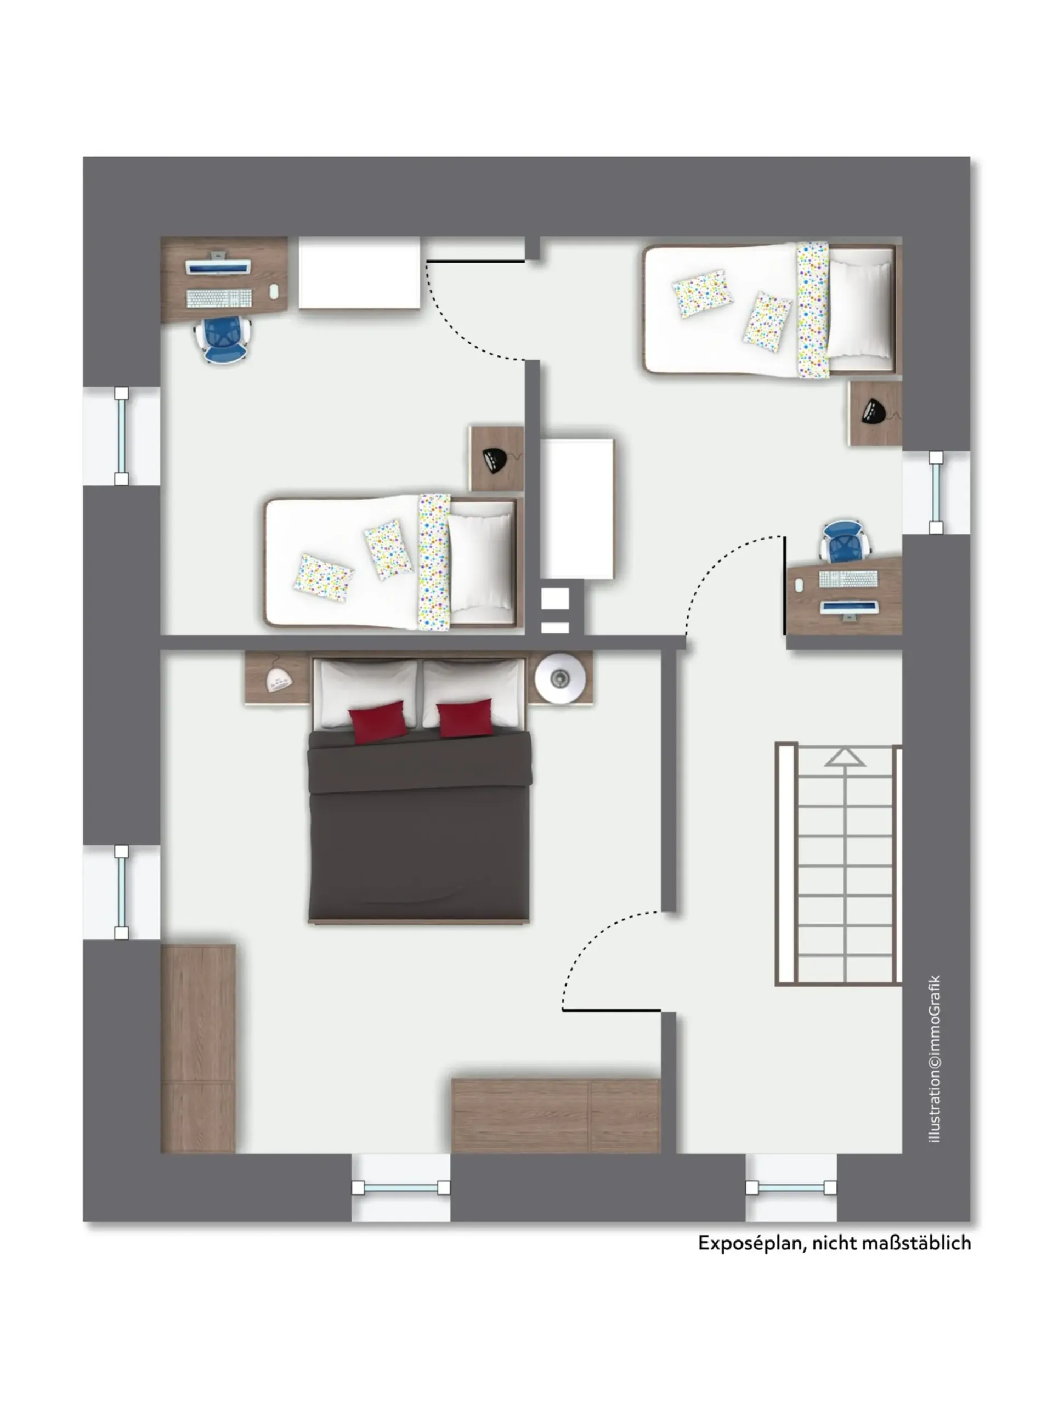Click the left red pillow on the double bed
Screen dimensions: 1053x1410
click(378, 722)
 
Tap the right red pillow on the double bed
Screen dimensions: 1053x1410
click(465, 718)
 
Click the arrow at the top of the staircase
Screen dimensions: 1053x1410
click(845, 757)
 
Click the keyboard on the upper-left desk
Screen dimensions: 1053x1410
click(219, 298)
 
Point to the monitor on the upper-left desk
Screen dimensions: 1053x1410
click(218, 264)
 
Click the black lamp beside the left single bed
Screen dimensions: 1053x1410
click(496, 460)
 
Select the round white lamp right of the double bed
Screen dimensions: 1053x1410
click(561, 678)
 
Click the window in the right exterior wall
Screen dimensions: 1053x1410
click(936, 492)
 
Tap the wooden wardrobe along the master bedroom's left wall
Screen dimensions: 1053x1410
click(198, 1049)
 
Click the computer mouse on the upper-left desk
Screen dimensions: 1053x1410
click(274, 291)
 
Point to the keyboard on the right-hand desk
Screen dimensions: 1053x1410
click(848, 579)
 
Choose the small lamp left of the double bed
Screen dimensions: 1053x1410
click(279, 679)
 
